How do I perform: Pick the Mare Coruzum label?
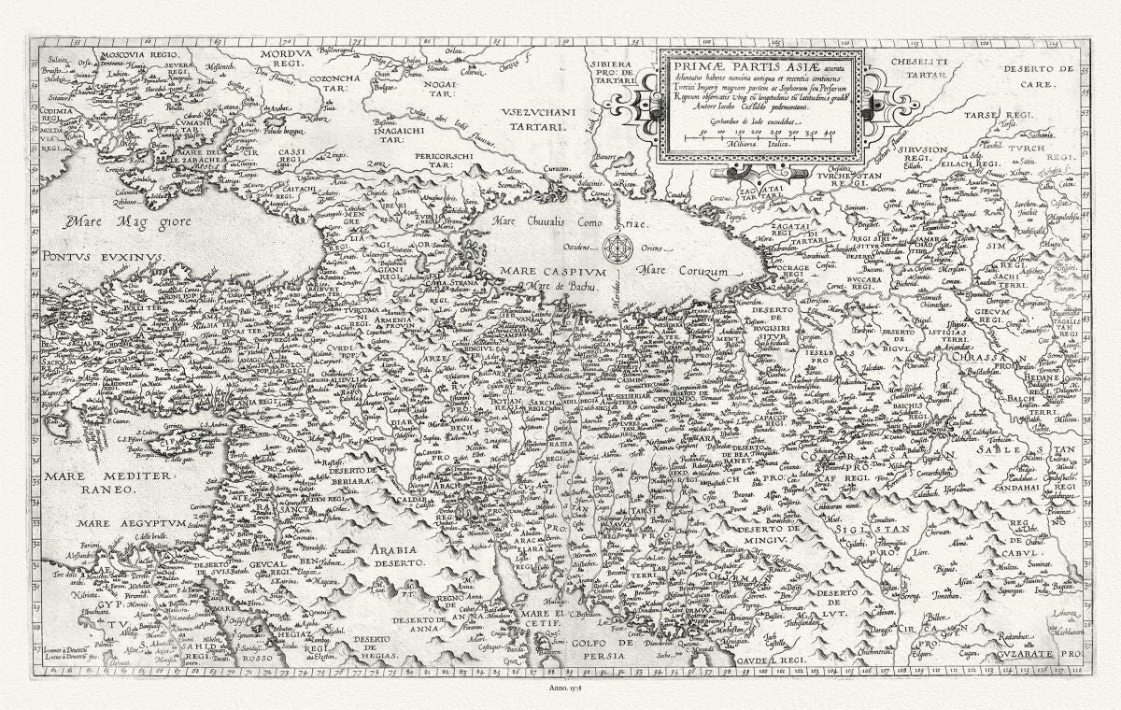tap(687, 271)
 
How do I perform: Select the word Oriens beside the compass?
tap(652, 248)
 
